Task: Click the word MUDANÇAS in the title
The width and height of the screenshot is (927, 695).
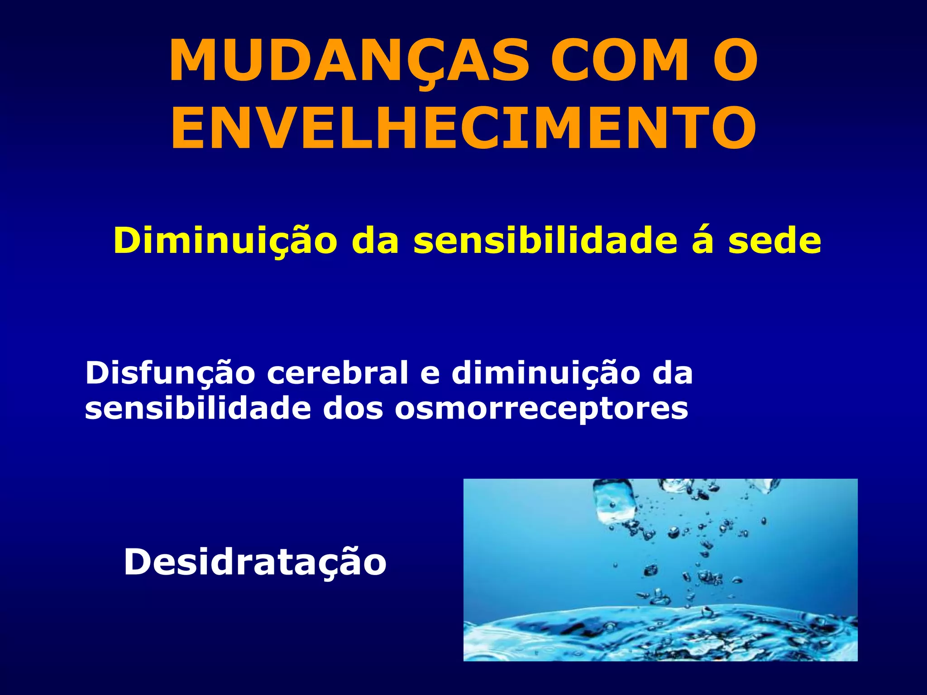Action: pos(349,61)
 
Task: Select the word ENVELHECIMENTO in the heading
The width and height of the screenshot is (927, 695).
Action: pos(463,128)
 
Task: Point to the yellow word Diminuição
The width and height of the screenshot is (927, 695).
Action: pos(225,241)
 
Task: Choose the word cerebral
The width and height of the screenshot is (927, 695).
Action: pos(337,373)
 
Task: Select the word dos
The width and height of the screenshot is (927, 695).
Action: pos(353,409)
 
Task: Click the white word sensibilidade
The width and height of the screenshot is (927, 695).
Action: pos(198,409)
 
